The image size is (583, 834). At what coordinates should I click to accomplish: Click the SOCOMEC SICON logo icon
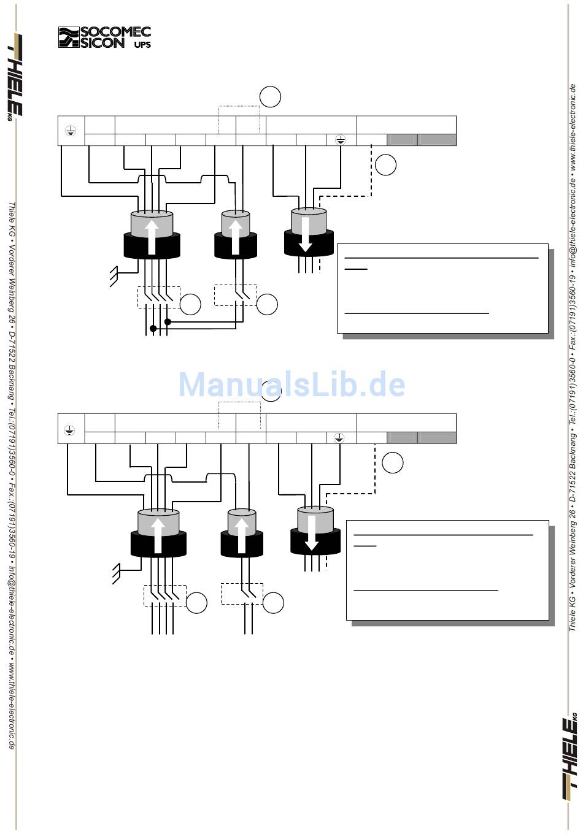click(69, 37)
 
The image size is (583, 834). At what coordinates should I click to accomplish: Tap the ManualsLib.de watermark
click(291, 384)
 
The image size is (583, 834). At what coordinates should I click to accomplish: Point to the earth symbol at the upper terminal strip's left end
click(71, 130)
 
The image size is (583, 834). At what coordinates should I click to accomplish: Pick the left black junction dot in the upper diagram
click(153, 329)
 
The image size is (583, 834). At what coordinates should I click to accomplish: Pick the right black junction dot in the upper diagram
click(168, 321)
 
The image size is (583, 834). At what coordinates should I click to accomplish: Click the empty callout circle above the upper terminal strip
click(270, 97)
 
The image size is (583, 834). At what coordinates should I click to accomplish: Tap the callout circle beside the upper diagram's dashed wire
click(385, 164)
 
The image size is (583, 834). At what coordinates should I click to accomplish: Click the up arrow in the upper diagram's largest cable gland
click(152, 236)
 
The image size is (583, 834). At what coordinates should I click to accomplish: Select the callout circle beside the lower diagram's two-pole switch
click(273, 603)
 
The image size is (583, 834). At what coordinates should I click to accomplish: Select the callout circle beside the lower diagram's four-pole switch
click(196, 603)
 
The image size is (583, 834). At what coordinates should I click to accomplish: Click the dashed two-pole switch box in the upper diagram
click(236, 295)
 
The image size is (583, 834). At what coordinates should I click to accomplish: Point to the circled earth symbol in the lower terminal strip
click(339, 438)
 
